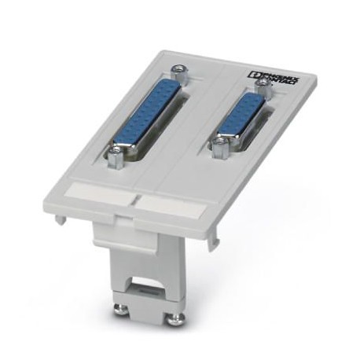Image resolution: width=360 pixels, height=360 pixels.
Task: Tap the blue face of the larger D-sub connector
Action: (x=147, y=114)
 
